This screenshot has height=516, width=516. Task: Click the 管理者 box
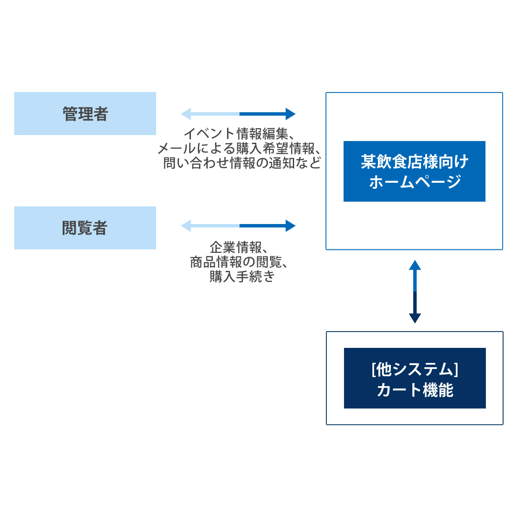click(85, 113)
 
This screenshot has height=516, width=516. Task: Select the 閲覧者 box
click(85, 227)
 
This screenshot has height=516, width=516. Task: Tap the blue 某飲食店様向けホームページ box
click(414, 171)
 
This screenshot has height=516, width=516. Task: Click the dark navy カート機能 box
click(415, 378)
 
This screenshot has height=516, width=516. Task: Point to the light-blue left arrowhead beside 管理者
click(186, 114)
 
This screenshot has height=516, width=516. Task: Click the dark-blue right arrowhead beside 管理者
click(291, 114)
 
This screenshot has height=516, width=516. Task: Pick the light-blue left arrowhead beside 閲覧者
click(186, 226)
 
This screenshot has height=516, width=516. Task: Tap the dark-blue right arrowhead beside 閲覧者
click(291, 226)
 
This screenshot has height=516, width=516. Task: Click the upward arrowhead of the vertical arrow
click(415, 265)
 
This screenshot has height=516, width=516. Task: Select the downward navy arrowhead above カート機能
click(415, 318)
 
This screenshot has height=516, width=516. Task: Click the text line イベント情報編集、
click(240, 133)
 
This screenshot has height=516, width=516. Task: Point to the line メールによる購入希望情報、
click(239, 148)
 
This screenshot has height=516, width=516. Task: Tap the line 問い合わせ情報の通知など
click(242, 163)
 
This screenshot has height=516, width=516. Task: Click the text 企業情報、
click(239, 247)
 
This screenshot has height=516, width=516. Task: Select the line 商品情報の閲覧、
click(239, 262)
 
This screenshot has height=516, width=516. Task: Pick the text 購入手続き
click(242, 276)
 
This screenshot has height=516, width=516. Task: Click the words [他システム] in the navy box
click(415, 369)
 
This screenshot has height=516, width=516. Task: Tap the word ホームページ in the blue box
click(415, 181)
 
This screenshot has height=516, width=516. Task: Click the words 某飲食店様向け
click(415, 162)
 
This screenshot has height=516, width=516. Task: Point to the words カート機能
click(415, 390)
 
